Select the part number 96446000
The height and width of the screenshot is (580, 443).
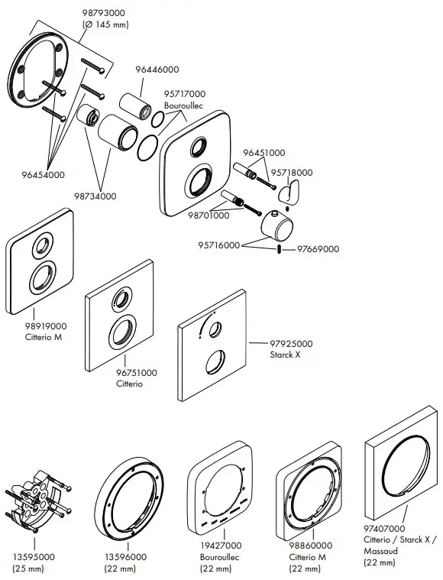[x=157, y=70]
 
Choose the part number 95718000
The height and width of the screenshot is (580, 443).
[x=293, y=173]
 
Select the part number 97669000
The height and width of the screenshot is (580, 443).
[x=319, y=249]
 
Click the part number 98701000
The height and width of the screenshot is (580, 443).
[x=209, y=216]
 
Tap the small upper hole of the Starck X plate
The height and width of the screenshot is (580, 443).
[x=216, y=329]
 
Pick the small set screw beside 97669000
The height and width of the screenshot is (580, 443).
[x=281, y=249]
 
